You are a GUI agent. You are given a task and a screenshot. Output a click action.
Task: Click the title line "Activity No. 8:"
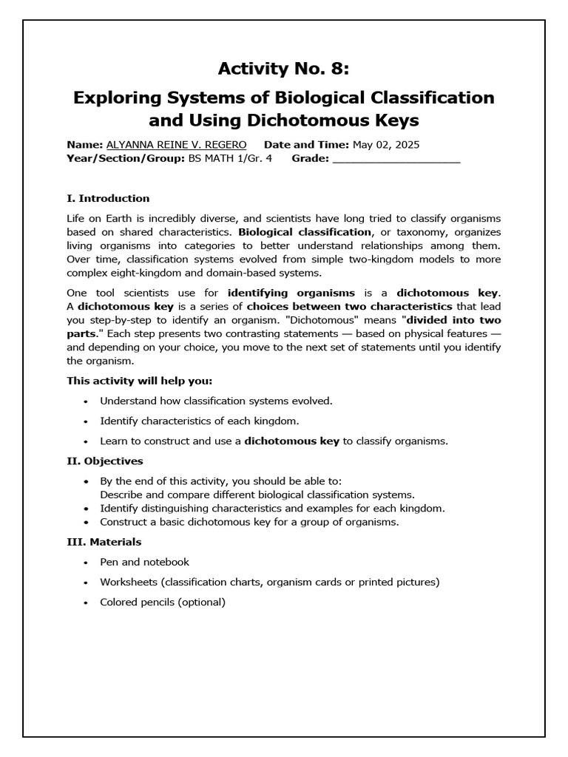click(283, 69)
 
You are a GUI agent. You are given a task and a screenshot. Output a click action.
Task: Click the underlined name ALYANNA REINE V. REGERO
click(177, 145)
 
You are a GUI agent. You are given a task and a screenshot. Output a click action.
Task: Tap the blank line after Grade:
click(396, 158)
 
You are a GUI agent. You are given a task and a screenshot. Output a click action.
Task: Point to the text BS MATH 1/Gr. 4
click(230, 158)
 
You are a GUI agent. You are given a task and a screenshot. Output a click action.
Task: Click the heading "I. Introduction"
click(108, 198)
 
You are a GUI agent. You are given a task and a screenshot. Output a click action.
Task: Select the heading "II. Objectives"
click(105, 461)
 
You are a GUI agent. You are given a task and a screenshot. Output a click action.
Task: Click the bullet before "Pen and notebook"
click(86, 563)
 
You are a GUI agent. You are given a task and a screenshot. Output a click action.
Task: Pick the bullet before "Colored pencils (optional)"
click(86, 602)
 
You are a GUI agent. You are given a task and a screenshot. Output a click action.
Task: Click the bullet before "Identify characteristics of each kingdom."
click(86, 421)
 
